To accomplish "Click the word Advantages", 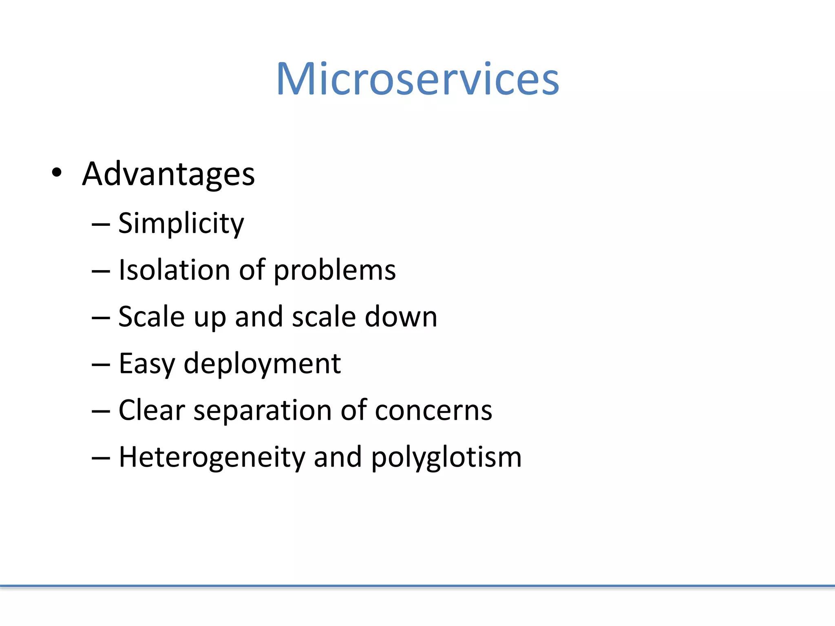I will (168, 174).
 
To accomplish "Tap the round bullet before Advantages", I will (57, 172).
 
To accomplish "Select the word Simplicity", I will (181, 223).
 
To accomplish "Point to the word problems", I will (334, 271).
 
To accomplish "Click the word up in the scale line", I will (210, 317).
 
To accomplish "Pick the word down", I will (401, 317).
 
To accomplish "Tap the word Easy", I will (147, 364).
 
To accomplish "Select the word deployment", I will (262, 364).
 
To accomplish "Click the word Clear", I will (152, 410).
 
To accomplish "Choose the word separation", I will (263, 411).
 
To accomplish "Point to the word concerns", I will (433, 410).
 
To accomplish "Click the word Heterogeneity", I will (212, 457).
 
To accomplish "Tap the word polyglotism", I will (446, 457).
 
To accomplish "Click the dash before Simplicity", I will (101, 224).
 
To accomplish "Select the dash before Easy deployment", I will (101, 364).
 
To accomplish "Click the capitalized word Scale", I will (151, 317).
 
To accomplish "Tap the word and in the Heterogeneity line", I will (338, 457).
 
